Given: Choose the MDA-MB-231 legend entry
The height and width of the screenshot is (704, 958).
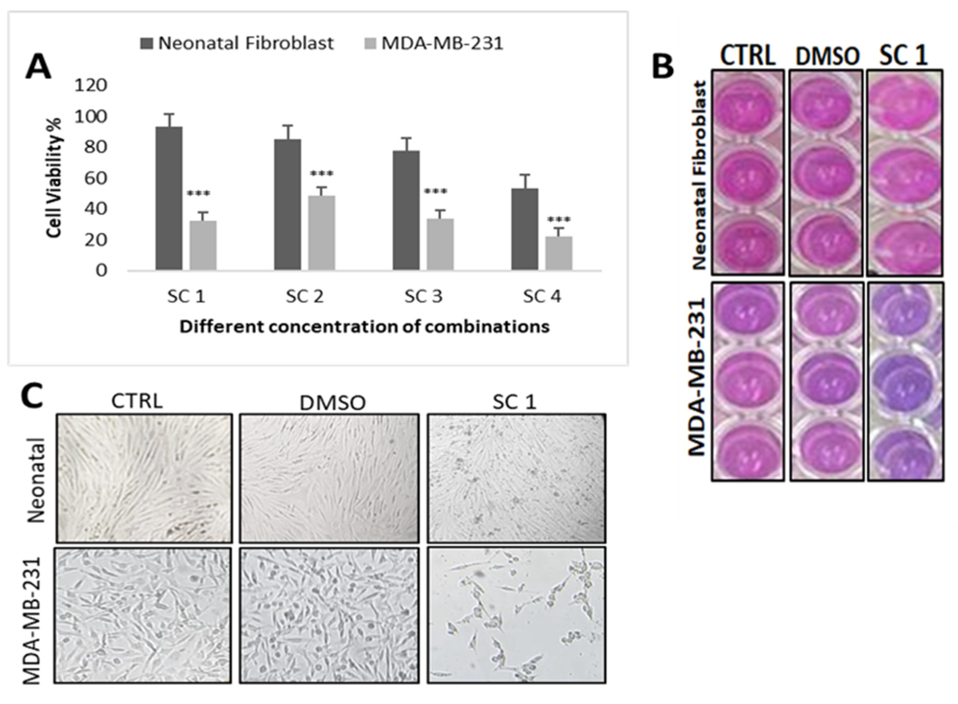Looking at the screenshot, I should click(x=434, y=43).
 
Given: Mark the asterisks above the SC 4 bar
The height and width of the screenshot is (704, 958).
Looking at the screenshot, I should click(x=559, y=220).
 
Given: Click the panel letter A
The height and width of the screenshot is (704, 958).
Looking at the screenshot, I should click(x=38, y=68).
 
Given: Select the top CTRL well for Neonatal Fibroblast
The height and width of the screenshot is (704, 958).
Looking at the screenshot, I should click(x=747, y=107).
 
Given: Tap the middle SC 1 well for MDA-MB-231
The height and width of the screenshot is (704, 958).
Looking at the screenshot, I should click(x=905, y=381).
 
